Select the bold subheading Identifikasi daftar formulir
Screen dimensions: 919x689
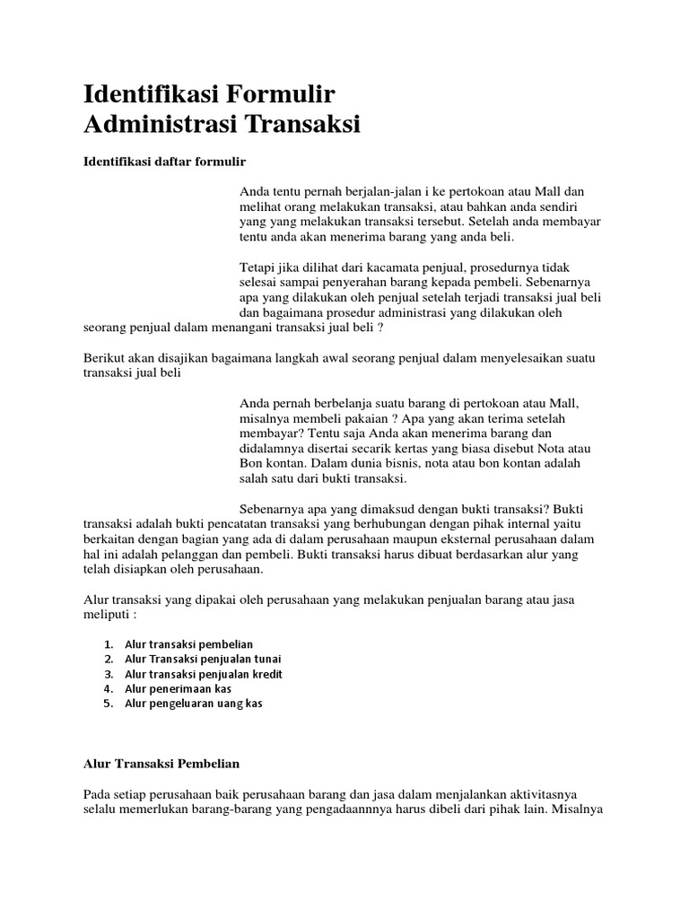[164, 162]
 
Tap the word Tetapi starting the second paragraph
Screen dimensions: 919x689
[257, 268]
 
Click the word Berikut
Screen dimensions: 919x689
[105, 358]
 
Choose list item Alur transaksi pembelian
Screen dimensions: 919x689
[189, 644]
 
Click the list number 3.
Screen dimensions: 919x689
[108, 674]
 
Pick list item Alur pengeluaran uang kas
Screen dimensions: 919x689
[193, 704]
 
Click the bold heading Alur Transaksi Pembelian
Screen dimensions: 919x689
[161, 763]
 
